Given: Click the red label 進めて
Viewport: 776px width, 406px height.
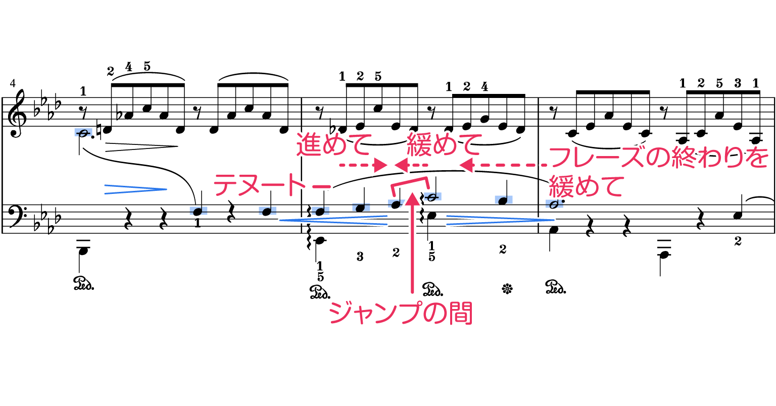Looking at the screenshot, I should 334,144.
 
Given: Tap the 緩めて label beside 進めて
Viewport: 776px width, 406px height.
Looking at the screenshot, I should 445,144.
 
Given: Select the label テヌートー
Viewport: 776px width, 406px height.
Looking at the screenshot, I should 272,185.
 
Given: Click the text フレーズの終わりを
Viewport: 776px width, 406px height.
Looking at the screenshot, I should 658,158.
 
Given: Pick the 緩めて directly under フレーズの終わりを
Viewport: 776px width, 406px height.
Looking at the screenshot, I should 587,187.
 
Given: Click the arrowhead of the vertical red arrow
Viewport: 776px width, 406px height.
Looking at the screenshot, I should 413,197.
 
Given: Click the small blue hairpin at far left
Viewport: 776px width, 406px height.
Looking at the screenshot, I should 135,189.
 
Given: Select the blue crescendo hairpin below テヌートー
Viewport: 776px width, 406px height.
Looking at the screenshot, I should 333,220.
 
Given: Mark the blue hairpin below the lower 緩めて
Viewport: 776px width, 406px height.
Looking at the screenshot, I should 500,220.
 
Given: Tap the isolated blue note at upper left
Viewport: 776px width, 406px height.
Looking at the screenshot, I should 83,132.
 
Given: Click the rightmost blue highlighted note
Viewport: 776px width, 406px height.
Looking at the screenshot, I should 554,204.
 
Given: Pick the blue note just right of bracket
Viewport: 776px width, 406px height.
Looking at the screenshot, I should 432,196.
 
